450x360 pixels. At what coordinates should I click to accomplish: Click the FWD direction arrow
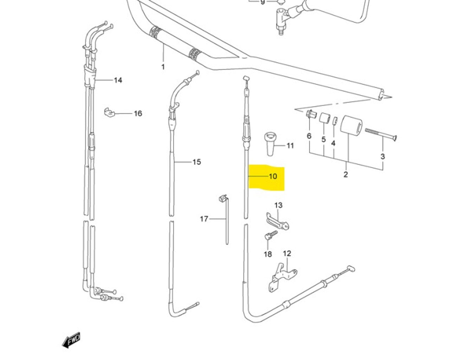point(71,340)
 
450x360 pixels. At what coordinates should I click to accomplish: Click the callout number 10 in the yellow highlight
point(273,176)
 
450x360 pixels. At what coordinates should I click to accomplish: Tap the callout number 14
point(118,80)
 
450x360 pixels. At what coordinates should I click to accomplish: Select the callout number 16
point(137,113)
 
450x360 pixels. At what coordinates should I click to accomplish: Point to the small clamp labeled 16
point(109,112)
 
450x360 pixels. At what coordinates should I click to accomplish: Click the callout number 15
point(197,162)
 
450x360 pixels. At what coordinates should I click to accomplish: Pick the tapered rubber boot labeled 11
point(270,143)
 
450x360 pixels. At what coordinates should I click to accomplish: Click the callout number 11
point(290,145)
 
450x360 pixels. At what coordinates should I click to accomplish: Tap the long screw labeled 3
point(380,135)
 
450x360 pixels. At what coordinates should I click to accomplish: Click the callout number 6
point(309,136)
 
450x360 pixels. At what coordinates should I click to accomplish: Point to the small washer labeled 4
point(335,121)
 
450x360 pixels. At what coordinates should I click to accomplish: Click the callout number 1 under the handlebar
point(163,66)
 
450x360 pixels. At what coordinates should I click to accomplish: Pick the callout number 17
point(204,219)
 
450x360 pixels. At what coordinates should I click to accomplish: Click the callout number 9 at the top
point(263,2)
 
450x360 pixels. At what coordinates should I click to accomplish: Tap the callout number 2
point(345,174)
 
